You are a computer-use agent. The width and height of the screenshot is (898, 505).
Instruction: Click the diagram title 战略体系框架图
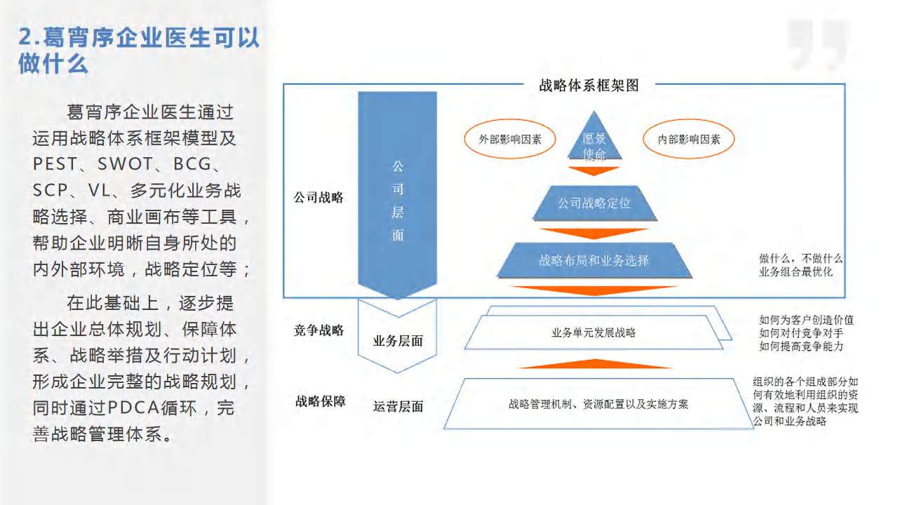click(x=589, y=86)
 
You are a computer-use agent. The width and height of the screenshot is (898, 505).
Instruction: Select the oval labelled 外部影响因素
click(x=510, y=139)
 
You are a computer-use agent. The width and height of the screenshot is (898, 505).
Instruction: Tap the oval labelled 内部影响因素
click(x=689, y=139)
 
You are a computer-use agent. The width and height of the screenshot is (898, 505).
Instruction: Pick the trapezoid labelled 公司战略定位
click(x=594, y=203)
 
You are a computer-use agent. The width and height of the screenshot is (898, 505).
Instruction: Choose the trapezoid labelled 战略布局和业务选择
click(x=594, y=260)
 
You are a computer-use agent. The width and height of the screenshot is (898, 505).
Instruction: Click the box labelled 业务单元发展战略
click(x=594, y=332)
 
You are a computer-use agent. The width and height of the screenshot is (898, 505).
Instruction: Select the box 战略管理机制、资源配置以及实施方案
click(x=598, y=404)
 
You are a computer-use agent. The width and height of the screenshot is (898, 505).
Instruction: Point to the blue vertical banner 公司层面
click(x=397, y=195)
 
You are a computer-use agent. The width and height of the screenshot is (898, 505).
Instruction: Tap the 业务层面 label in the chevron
click(x=398, y=341)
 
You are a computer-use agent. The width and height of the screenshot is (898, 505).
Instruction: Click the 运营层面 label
click(x=398, y=406)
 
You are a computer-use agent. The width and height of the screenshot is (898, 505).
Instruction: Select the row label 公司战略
click(x=319, y=197)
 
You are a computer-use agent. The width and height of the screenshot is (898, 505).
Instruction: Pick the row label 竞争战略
click(x=319, y=330)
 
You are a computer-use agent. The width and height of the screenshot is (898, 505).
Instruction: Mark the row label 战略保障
click(x=321, y=401)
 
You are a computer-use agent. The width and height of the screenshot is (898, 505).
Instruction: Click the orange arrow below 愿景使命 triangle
click(x=594, y=170)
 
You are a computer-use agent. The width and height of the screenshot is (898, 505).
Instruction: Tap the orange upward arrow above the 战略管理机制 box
click(x=595, y=363)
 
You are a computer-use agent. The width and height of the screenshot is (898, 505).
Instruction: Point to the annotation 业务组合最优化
click(x=796, y=271)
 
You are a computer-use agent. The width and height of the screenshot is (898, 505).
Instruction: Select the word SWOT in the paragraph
click(x=125, y=164)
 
